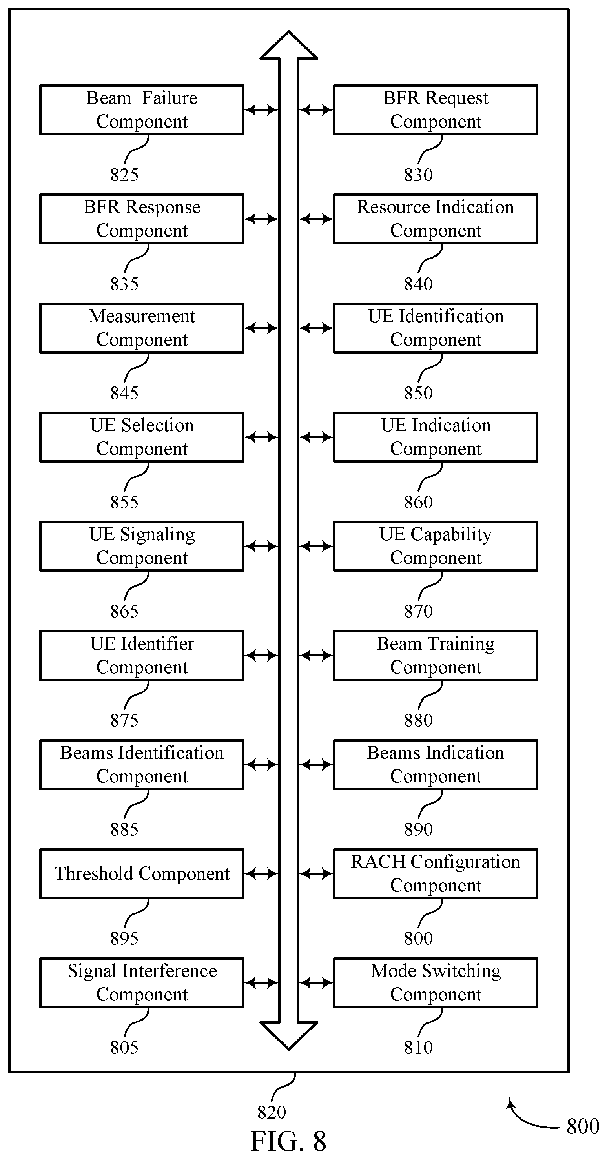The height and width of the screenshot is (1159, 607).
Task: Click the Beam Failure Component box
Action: [142, 110]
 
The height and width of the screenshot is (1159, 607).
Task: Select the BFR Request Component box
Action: [436, 110]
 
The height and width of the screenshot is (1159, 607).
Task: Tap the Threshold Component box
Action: [142, 874]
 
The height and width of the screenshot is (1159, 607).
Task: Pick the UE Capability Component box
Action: [436, 546]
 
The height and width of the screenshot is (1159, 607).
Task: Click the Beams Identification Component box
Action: [142, 765]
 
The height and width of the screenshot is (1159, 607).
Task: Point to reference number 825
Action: [124, 175]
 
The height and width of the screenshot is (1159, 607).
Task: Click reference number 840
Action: [418, 284]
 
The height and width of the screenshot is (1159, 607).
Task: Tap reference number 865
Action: [124, 611]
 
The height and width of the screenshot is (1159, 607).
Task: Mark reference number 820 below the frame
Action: [272, 1112]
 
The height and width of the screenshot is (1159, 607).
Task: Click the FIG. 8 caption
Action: [288, 1141]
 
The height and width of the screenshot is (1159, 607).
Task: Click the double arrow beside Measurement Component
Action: [261, 328]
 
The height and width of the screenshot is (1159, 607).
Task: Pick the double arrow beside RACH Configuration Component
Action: [316, 874]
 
